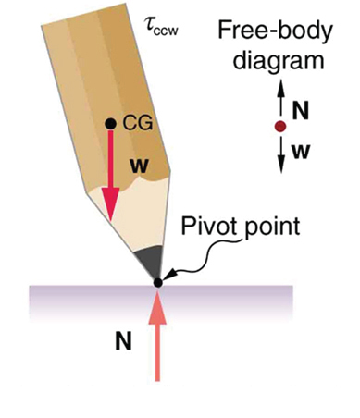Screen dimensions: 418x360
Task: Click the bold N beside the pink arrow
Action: tap(122, 341)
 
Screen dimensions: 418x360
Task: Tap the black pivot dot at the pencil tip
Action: tap(158, 281)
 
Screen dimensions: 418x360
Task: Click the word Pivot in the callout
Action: tap(203, 227)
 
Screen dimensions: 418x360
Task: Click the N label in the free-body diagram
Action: tap(299, 107)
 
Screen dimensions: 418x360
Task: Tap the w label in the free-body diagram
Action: tap(300, 148)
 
